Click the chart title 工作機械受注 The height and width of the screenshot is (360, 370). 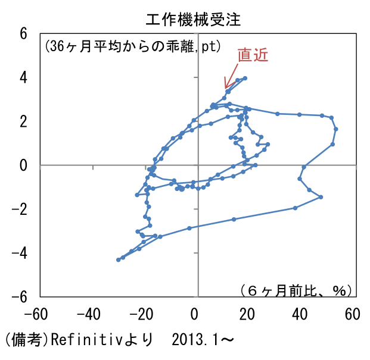pyautogui.click(x=193, y=19)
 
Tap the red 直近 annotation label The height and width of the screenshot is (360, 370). pyautogui.click(x=253, y=55)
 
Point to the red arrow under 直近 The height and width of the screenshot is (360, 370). pyautogui.click(x=231, y=76)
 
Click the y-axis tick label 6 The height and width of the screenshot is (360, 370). pyautogui.click(x=24, y=33)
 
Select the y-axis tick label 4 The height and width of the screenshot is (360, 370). pyautogui.click(x=24, y=77)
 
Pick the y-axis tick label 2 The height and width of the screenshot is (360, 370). pyautogui.click(x=24, y=121)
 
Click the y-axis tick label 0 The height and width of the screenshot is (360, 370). pyautogui.click(x=24, y=165)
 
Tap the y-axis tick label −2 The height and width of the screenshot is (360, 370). pyautogui.click(x=19, y=209)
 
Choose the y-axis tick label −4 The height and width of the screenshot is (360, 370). pyautogui.click(x=19, y=253)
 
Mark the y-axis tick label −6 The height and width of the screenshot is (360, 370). pyautogui.click(x=19, y=297)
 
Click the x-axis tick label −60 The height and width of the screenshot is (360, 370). pyautogui.click(x=36, y=314)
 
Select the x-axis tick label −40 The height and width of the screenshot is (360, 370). pyautogui.click(x=89, y=314)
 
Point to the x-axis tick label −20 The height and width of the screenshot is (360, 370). pyautogui.click(x=142, y=314)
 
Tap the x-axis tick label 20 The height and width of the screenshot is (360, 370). pyautogui.click(x=247, y=314)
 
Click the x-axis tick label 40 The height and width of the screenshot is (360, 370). pyautogui.click(x=300, y=314)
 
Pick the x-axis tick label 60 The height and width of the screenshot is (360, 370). pyautogui.click(x=353, y=314)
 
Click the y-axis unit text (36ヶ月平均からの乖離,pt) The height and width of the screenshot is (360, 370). pyautogui.click(x=133, y=46)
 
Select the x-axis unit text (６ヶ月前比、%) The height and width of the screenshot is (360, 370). pyautogui.click(x=296, y=290)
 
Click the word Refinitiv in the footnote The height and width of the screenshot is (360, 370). pyautogui.click(x=86, y=340)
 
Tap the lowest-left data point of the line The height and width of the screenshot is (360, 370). pyautogui.click(x=119, y=259)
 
